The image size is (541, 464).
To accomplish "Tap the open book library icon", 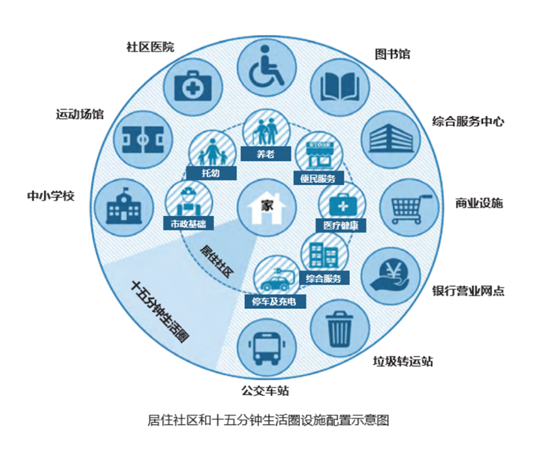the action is coord(340,87).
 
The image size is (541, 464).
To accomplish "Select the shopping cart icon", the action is coord(409,209).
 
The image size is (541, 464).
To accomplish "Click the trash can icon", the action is coord(340,329).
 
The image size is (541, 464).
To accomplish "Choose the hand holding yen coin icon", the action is coord(391,276).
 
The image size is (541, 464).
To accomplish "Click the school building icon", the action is coord(123,206).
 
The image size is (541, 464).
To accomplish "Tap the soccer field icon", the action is coord(142,140).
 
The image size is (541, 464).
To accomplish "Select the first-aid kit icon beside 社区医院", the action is coord(192,87).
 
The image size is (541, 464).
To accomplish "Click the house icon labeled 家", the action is coord(266,208).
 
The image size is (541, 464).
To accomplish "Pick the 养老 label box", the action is coord(265,153).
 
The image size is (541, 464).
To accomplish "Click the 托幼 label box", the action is coord(211,173).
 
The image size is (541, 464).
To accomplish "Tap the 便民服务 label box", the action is coord(318,178).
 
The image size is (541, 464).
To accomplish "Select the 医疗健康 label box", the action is coord(341,225).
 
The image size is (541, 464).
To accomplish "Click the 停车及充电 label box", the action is coord(275,302).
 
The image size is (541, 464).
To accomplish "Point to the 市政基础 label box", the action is coord(188,223).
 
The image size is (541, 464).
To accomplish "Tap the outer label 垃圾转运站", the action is coord(403,361).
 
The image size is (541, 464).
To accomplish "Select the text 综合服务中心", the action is coord(468,122).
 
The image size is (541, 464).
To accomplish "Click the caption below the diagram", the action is coord(268,420).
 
